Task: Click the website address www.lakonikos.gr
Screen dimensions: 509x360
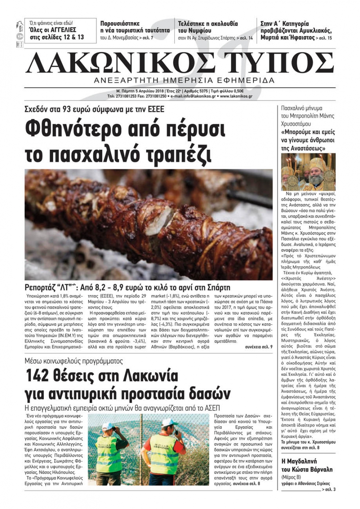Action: pos(236,96)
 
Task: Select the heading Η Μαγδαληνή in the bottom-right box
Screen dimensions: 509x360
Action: pos(299,461)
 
